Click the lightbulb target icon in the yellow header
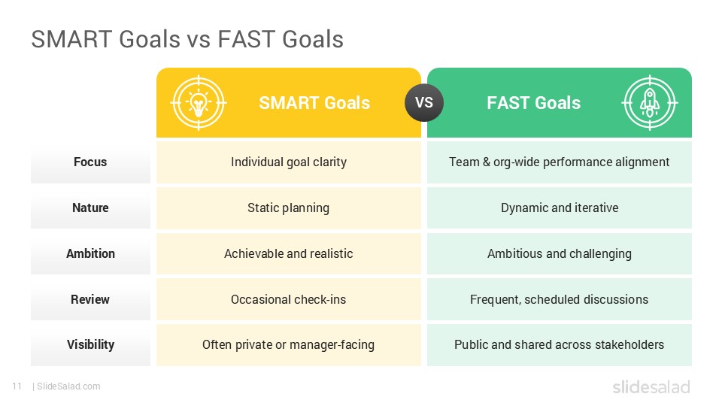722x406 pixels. [198, 102]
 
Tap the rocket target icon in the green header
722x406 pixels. [650, 102]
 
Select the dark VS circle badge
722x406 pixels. [424, 102]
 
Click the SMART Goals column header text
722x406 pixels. [314, 103]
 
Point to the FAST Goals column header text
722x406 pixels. [533, 103]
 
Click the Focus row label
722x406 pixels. [90, 162]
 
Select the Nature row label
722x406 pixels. [90, 208]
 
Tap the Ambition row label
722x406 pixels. [90, 253]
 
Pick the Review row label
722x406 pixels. [90, 299]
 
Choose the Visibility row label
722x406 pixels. [90, 344]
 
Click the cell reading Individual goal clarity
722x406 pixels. [289, 162]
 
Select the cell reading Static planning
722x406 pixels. [289, 208]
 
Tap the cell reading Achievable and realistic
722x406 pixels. [289, 253]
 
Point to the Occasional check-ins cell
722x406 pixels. [289, 299]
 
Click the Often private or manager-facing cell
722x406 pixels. [289, 344]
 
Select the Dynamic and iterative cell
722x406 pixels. [560, 208]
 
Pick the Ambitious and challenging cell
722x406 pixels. [560, 253]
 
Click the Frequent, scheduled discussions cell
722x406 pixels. [560, 299]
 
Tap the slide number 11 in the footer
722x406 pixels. [16, 386]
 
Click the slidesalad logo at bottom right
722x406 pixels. [651, 387]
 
